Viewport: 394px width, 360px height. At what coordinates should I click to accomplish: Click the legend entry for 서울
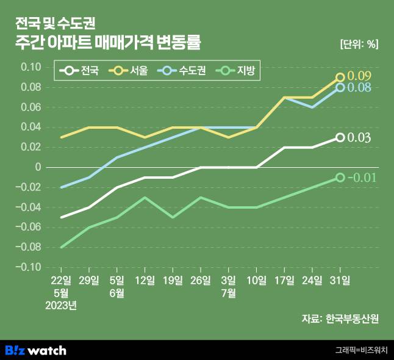(131, 71)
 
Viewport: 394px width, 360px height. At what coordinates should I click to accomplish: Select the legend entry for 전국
(82, 71)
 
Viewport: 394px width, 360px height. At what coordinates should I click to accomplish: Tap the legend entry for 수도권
(182, 71)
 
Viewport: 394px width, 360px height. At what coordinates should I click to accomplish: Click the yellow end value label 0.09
(359, 76)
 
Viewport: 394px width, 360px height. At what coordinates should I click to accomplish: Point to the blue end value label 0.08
(359, 88)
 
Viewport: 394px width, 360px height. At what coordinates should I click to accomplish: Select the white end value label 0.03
(359, 138)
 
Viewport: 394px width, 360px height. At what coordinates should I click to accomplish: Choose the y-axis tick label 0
(38, 167)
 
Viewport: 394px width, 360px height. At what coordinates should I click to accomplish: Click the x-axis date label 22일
(62, 281)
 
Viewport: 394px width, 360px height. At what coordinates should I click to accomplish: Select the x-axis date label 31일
(340, 281)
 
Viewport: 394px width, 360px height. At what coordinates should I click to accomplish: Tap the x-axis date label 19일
(173, 281)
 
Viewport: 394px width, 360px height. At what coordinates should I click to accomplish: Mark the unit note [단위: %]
(359, 45)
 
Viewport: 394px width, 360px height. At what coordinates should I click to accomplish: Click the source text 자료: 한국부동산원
(340, 319)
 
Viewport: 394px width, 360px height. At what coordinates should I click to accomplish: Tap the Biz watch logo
(35, 350)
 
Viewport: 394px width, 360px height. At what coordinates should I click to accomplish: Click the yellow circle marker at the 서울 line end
(340, 77)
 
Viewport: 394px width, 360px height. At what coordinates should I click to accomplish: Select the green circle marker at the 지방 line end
(340, 178)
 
